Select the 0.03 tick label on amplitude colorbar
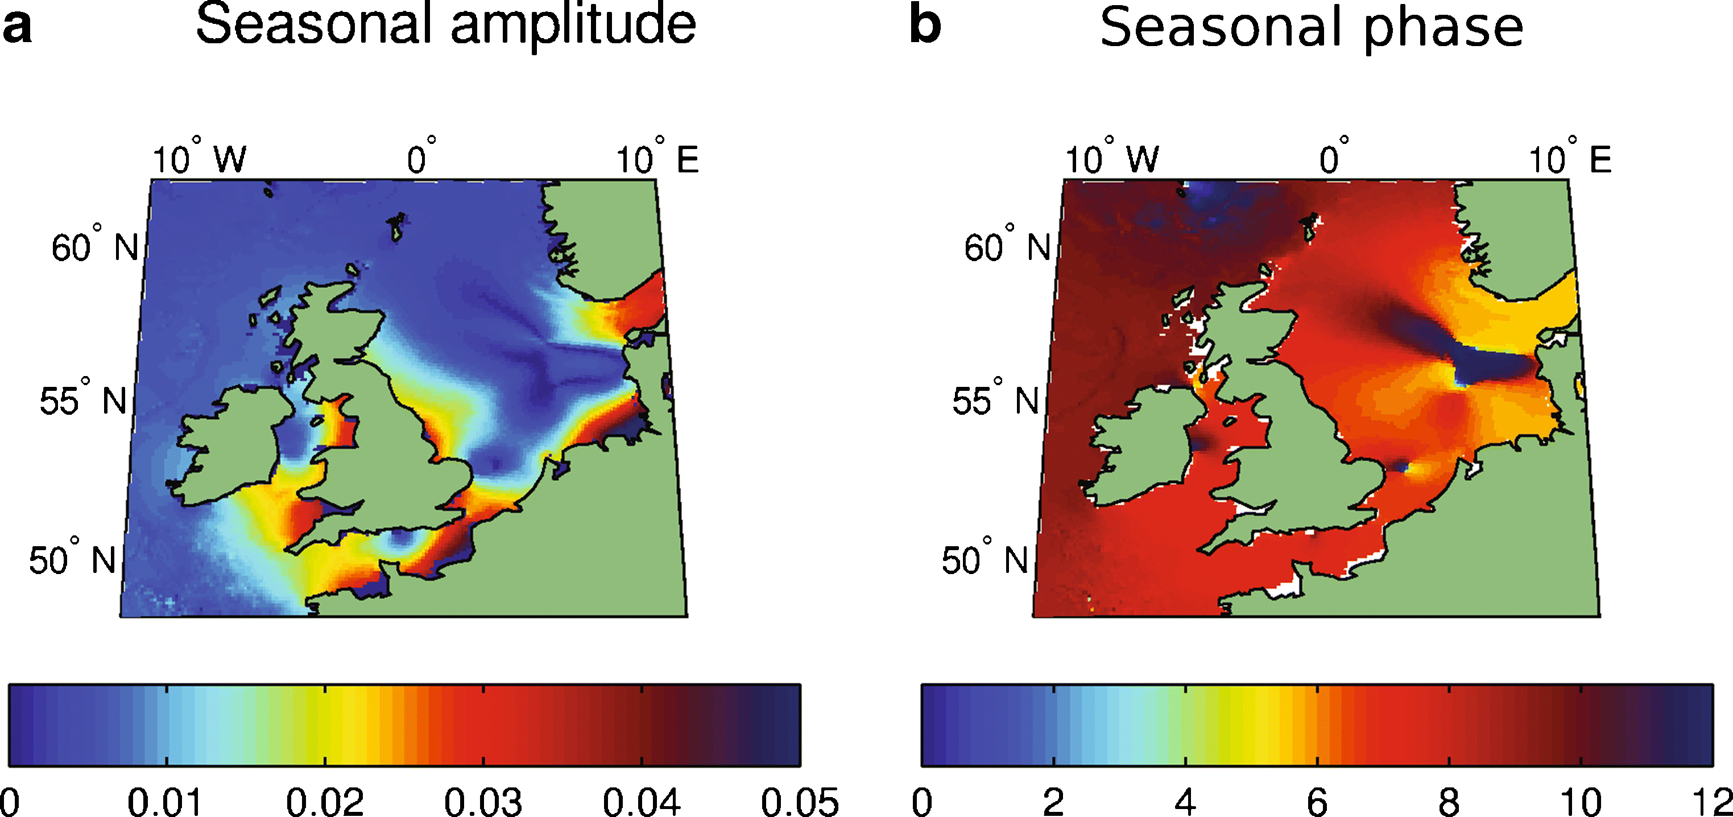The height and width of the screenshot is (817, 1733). pos(482,802)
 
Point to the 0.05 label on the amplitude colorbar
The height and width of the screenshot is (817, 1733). pos(799,802)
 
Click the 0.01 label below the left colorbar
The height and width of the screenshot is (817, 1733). pos(166,802)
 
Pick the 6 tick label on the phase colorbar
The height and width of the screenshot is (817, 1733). pos(1317,802)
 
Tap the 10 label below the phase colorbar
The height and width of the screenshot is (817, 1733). pos(1580,802)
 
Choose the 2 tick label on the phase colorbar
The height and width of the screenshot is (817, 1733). pos(1053,802)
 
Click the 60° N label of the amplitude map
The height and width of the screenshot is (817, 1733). pos(95,247)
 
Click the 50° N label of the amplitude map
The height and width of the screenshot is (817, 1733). pos(73,560)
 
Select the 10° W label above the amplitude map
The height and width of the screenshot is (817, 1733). pos(199,159)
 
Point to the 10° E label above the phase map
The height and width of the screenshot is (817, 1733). pos(1570,159)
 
